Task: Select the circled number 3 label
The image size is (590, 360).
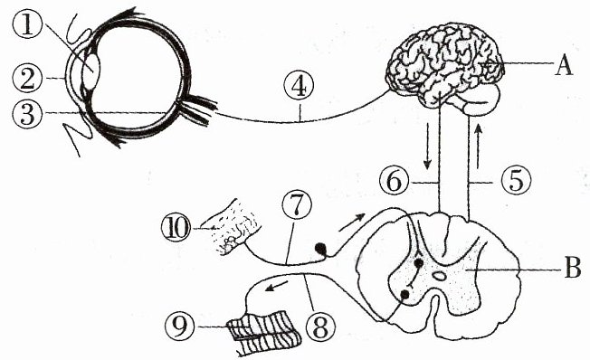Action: pos(27,114)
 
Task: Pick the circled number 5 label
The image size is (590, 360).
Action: pos(516,182)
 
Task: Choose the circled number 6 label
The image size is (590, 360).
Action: pos(394,182)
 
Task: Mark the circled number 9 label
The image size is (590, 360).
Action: pos(180,327)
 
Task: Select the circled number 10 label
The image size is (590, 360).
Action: pos(176,228)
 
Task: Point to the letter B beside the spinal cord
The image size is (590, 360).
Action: pos(572,270)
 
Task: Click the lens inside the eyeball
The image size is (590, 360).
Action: pos(91,71)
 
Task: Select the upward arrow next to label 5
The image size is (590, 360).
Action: pos(478,147)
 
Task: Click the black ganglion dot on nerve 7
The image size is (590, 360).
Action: pos(320,249)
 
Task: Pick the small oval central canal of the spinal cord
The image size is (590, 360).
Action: pos(439,277)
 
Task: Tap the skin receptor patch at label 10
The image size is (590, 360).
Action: pos(233,226)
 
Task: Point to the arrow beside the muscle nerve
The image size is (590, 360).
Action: pos(277,286)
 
